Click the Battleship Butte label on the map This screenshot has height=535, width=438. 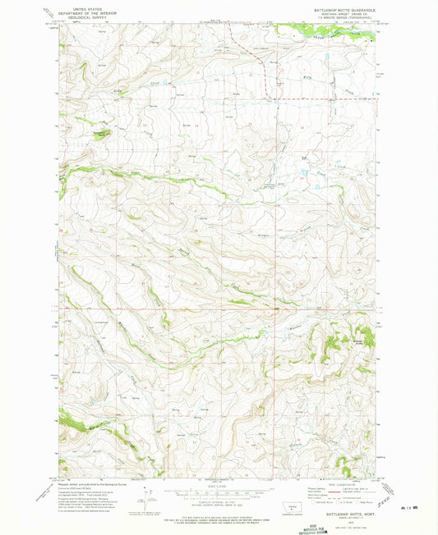pyautogui.click(x=359, y=339)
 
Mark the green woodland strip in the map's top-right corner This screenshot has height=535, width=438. pyautogui.click(x=329, y=33)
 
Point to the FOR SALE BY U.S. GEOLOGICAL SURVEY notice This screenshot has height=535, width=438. pyautogui.click(x=218, y=515)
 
